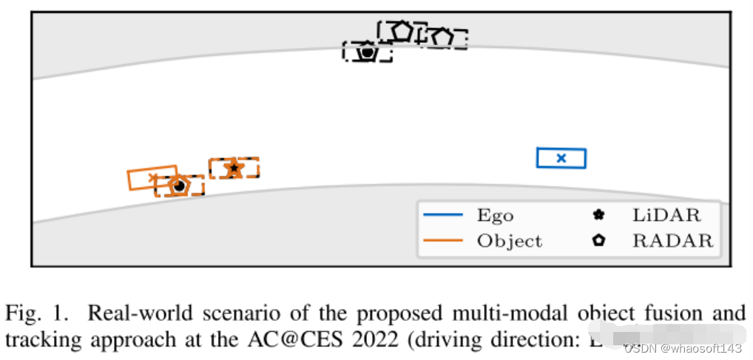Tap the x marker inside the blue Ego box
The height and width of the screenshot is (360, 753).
pos(561,157)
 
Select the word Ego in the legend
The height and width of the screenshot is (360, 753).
pos(495,216)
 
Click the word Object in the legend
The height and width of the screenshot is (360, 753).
pos(509,241)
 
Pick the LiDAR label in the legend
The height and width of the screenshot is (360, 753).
pos(666,216)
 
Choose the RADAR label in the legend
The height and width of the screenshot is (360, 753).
pos(672,241)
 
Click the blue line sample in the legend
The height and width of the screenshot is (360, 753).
pos(443,215)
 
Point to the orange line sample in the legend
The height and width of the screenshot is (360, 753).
pos(443,240)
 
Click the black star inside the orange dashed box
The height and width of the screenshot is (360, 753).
pos(234,169)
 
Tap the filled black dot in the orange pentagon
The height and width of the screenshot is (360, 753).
pos(178,186)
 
